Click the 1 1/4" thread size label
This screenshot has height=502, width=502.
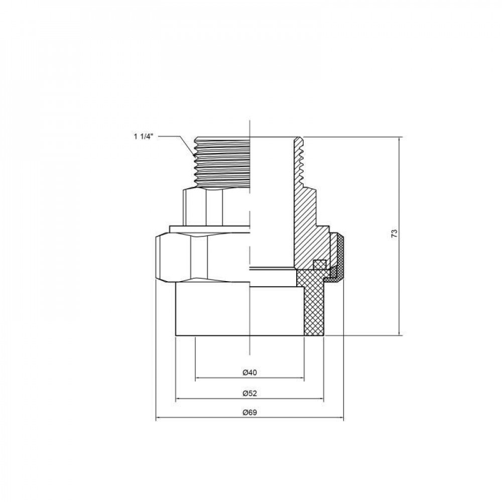(146, 136)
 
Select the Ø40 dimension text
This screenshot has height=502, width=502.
(249, 372)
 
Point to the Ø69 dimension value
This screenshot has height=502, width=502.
(249, 413)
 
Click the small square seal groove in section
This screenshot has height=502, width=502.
(318, 264)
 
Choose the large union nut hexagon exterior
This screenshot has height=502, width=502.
(201, 259)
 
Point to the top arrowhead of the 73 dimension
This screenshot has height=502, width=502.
(399, 138)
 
